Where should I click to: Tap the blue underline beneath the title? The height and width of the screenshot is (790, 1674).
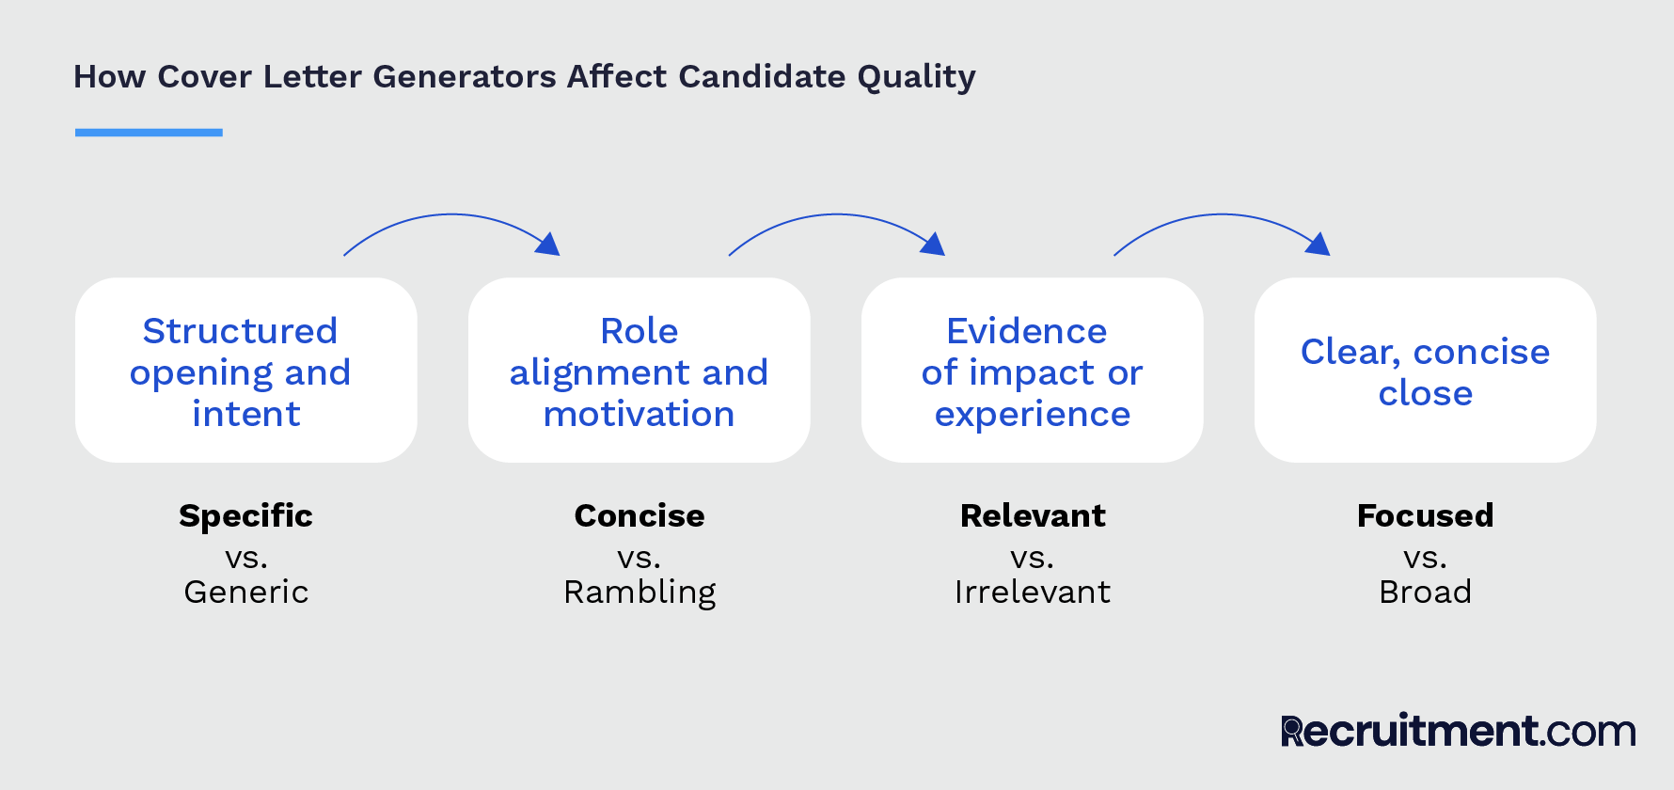point(149,133)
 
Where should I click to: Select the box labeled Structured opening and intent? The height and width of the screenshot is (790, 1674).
point(245,371)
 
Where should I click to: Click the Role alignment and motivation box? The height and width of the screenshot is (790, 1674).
point(639,371)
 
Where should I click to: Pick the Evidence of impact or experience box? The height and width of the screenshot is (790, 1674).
point(1032,371)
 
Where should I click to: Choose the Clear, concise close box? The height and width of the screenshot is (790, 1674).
point(1425,371)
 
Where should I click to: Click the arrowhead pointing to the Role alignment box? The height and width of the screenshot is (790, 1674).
point(548,245)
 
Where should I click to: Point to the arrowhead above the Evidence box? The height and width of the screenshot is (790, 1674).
point(933,245)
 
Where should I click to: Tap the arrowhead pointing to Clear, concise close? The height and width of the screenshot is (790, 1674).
point(1319,245)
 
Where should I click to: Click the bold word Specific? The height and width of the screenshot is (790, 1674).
point(245,515)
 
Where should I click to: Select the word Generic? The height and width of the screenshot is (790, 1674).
point(245,592)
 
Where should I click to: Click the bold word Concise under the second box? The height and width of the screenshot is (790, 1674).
point(640,515)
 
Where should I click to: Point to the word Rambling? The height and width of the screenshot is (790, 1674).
point(640,592)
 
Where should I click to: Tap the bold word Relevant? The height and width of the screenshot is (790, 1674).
point(1033,515)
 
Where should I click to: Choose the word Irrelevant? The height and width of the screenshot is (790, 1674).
point(1033,592)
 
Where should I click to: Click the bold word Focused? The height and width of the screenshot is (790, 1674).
point(1425,515)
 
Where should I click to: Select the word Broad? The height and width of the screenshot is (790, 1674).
point(1425,592)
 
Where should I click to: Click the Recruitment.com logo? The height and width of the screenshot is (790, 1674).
point(1458,731)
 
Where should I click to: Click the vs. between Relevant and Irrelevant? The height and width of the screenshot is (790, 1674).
point(1032,558)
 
